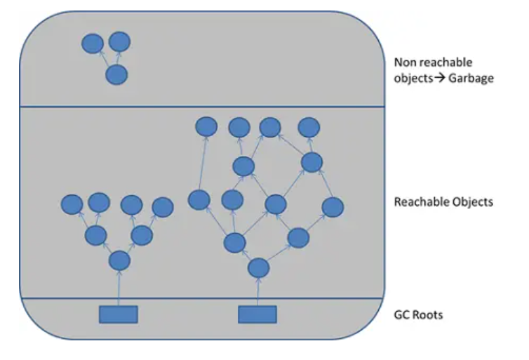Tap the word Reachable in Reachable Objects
pyautogui.click(x=420, y=202)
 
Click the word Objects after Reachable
pyautogui.click(x=471, y=202)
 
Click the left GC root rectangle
pyautogui.click(x=118, y=314)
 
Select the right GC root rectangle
pyautogui.click(x=257, y=314)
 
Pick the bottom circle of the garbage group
pyautogui.click(x=116, y=74)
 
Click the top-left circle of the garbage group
pyautogui.click(x=92, y=44)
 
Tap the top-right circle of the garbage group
pyautogui.click(x=120, y=41)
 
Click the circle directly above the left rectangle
pyautogui.click(x=120, y=261)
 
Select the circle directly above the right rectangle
pyautogui.click(x=259, y=267)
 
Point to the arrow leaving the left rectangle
pyautogui.click(x=119, y=288)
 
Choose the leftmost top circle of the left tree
pyautogui.click(x=72, y=205)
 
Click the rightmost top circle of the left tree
pyautogui.click(x=162, y=206)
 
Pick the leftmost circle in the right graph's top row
pyautogui.click(x=206, y=126)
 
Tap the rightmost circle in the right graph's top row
pyautogui.click(x=309, y=127)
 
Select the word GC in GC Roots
pyautogui.click(x=403, y=315)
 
